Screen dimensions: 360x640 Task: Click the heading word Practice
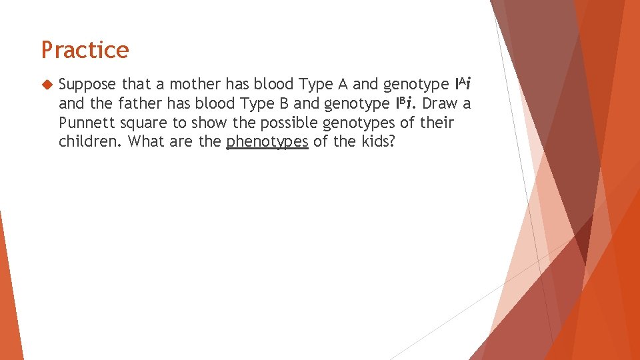[85, 50]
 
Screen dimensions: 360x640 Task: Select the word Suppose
[87, 85]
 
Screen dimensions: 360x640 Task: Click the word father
[128, 104]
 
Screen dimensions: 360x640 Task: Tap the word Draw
[441, 104]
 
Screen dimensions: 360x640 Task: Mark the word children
[89, 142]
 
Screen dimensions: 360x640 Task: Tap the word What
[145, 142]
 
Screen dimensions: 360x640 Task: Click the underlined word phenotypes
[267, 143]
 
